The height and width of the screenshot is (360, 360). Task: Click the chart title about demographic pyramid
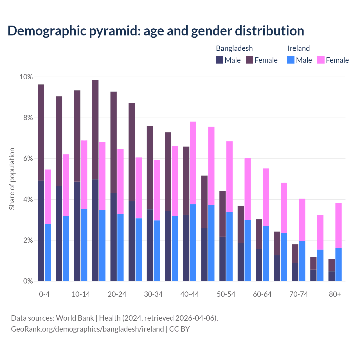click(156, 31)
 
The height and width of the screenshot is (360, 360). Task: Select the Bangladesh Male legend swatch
click(220, 60)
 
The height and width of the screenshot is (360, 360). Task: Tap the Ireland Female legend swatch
click(321, 60)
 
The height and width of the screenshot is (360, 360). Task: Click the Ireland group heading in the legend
click(298, 48)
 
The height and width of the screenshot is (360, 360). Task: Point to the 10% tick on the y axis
click(26, 77)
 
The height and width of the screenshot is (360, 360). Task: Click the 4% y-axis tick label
click(27, 200)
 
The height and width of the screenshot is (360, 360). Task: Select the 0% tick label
click(27, 281)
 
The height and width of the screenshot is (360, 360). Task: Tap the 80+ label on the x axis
click(335, 294)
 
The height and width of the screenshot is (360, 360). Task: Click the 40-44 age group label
click(190, 294)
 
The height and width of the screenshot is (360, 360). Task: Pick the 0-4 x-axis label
click(44, 294)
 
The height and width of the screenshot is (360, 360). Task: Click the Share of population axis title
click(12, 179)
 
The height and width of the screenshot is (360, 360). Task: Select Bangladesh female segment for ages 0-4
click(41, 132)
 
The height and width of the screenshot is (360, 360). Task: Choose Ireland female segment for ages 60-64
click(266, 197)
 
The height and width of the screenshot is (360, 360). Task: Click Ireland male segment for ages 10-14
click(84, 245)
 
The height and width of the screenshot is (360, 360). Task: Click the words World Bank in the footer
click(75, 318)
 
